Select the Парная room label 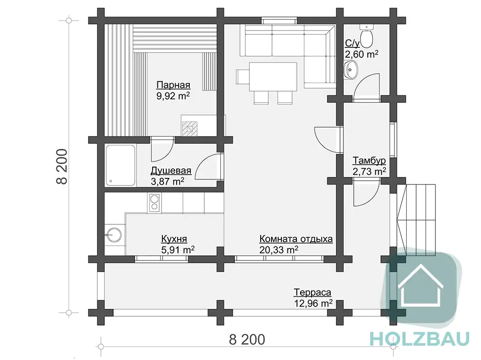173,84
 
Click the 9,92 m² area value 173,96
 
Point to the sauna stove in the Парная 190,129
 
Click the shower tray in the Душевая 121,165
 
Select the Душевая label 171,170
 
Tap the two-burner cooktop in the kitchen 154,203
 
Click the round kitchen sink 113,235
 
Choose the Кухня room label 174,238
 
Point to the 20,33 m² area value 279,250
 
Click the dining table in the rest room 273,77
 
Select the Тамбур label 369,161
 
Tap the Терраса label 312,292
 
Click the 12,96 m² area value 313,304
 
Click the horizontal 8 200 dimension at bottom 247,340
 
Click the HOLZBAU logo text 419,338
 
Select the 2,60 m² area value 362,54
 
